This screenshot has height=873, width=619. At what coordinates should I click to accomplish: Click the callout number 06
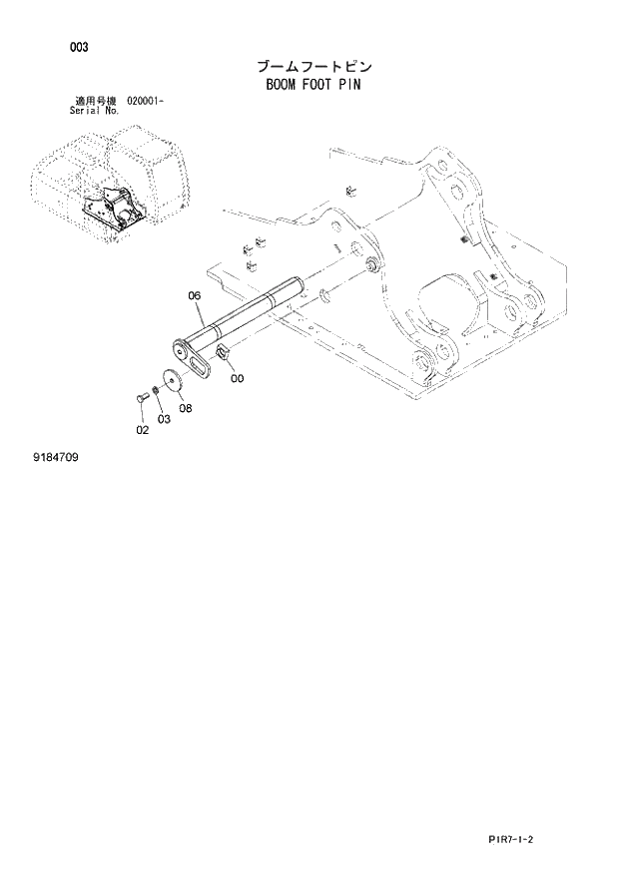click(195, 295)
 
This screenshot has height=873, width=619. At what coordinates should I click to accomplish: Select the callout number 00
click(236, 378)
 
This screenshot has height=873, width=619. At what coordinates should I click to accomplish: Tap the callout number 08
click(186, 408)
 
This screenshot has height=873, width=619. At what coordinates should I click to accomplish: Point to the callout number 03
click(164, 419)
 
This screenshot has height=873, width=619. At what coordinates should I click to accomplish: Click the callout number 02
click(142, 430)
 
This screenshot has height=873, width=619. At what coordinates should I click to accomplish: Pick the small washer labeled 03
click(155, 390)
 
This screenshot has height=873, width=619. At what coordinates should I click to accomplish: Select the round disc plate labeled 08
click(173, 377)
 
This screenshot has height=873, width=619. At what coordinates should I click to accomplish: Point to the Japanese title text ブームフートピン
click(313, 67)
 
